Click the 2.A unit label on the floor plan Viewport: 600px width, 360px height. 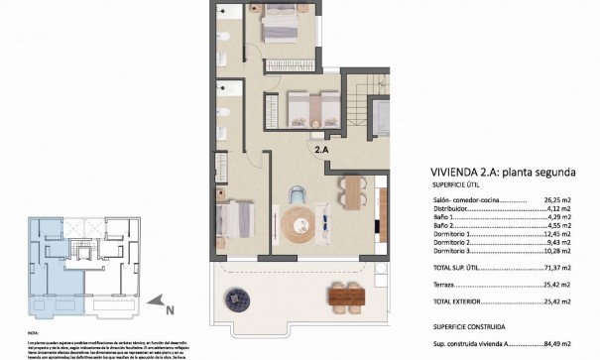pyautogui.click(x=321, y=151)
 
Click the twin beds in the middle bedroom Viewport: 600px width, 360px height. pyautogui.click(x=303, y=107)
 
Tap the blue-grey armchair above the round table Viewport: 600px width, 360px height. pyautogui.click(x=297, y=193)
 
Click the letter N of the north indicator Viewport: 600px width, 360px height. pyautogui.click(x=171, y=310)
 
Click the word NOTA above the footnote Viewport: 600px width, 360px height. pyautogui.click(x=34, y=334)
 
